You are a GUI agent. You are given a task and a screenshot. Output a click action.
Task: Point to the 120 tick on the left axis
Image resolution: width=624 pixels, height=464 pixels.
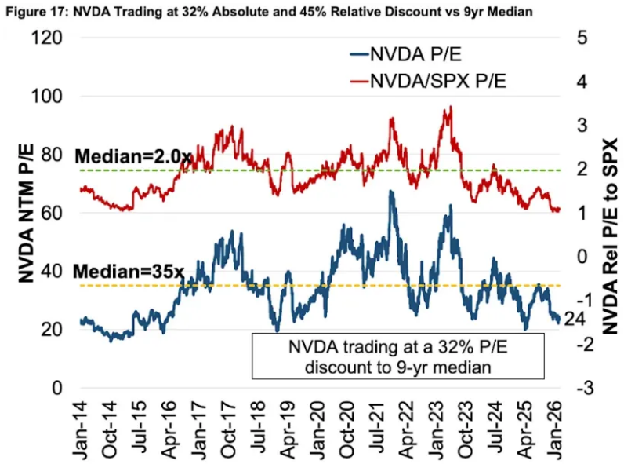tap(49, 38)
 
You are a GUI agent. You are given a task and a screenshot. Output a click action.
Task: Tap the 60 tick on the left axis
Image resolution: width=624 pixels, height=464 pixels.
tap(53, 213)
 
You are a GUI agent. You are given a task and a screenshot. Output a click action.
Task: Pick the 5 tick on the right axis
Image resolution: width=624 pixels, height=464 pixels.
tap(581, 38)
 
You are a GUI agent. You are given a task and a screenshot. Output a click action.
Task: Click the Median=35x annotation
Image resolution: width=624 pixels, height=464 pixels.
tap(129, 272)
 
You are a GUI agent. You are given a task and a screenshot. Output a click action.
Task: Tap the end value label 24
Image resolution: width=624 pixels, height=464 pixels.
tap(573, 318)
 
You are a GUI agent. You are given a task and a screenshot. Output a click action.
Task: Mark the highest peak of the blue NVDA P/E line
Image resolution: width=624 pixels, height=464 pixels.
tap(390, 191)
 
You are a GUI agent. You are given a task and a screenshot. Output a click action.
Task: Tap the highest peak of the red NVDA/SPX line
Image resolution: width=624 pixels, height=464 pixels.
tap(450, 108)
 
